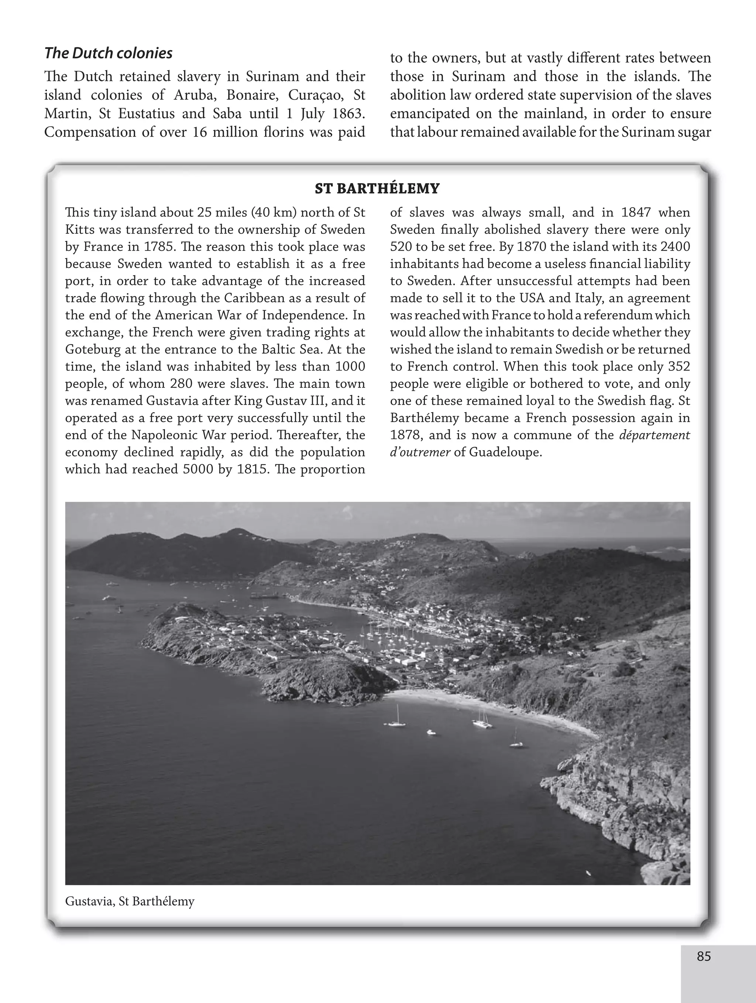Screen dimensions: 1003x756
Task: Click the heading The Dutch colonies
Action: coord(108,54)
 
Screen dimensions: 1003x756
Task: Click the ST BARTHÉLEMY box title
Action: coord(377,188)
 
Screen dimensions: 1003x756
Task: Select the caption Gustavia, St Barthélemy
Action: coord(130,901)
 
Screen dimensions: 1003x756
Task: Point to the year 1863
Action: coord(348,114)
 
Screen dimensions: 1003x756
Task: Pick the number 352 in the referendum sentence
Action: coord(679,366)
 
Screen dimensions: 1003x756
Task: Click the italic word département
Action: coord(654,435)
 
